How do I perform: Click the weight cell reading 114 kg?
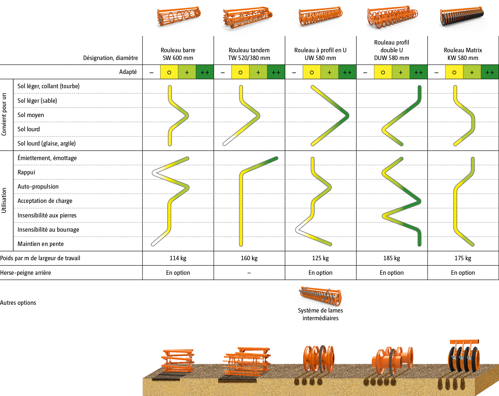pos(178,258)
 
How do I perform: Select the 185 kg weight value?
pos(392,258)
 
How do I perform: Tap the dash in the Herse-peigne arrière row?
pos(249,273)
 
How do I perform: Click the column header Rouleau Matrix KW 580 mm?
pos(463,54)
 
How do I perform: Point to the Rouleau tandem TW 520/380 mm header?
pos(249,54)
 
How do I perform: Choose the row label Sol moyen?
pos(31,115)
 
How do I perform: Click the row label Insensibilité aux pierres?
pos(47,215)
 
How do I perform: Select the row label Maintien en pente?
pos(41,244)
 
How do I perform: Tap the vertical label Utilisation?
pos(4,200)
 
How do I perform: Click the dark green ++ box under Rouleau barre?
pos(205,72)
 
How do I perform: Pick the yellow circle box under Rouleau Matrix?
pos(454,72)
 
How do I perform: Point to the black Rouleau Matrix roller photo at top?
pos(462,18)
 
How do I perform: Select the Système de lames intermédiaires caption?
pos(320,314)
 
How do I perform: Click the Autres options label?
pos(18,303)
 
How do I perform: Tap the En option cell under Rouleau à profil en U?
pos(320,273)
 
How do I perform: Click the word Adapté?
pos(128,72)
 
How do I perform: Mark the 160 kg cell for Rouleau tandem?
pos(249,258)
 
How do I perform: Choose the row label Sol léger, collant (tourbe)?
pos(48,86)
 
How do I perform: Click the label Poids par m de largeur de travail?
pos(40,258)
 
